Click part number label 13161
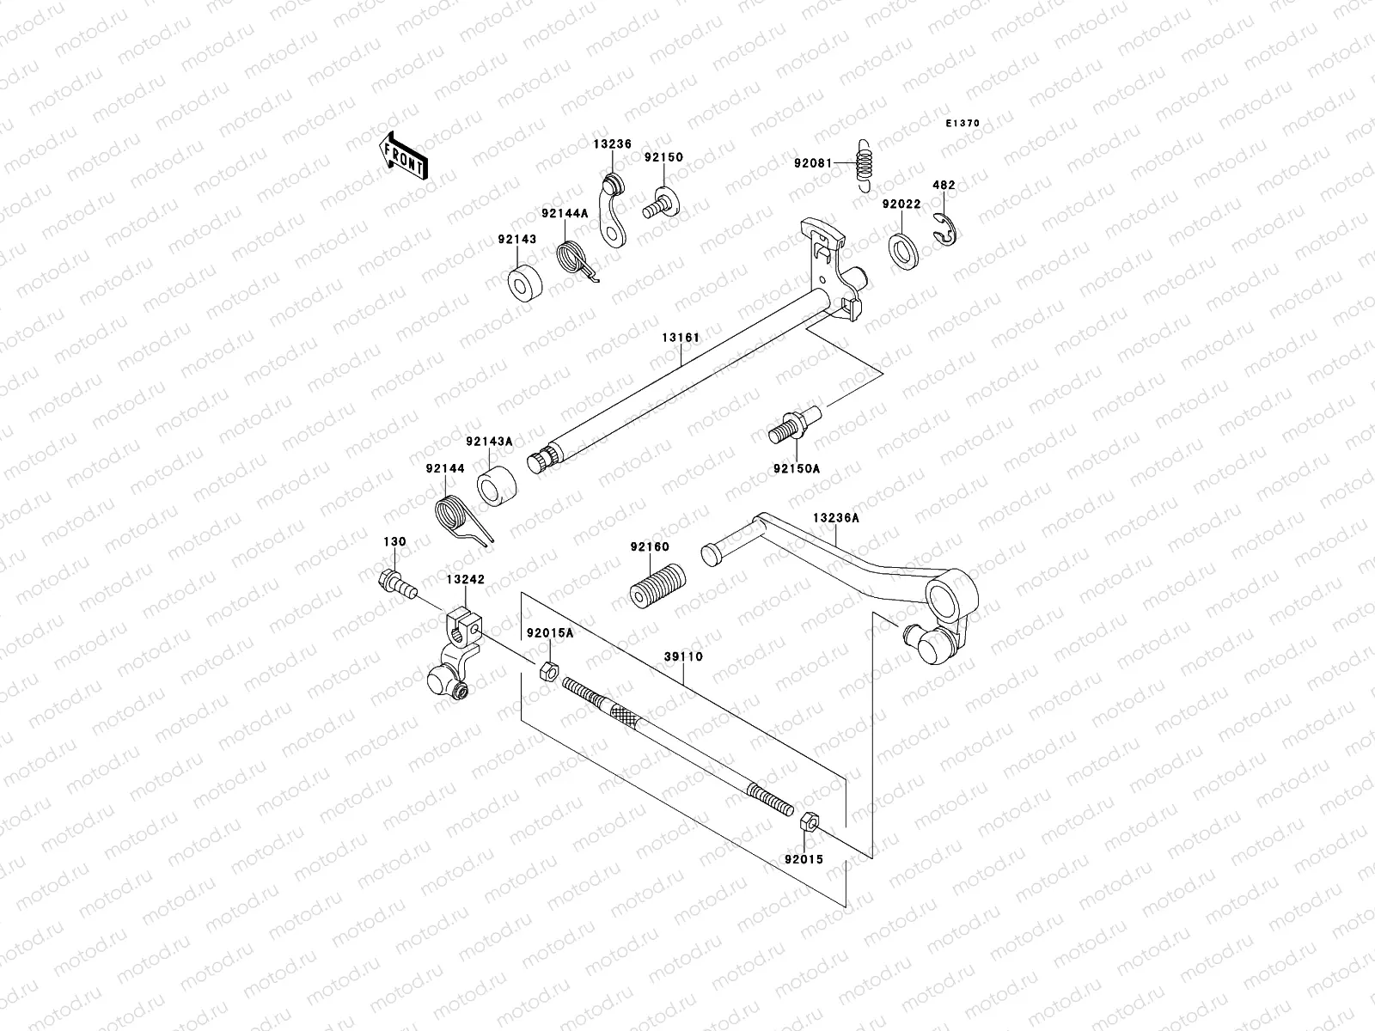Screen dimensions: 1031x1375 click(x=680, y=338)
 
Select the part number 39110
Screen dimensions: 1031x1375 click(x=683, y=656)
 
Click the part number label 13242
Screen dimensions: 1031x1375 click(x=465, y=580)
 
